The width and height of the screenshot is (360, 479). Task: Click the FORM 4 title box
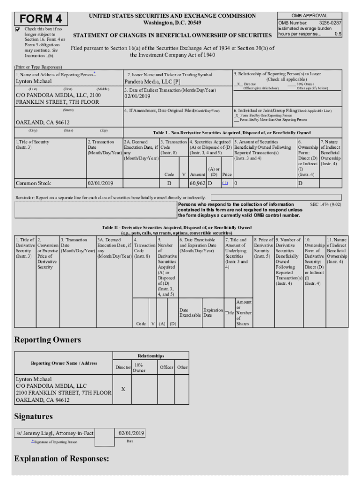click(x=41, y=19)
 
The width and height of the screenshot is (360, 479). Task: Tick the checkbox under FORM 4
click(x=18, y=29)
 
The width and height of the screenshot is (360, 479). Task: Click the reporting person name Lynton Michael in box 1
click(x=34, y=81)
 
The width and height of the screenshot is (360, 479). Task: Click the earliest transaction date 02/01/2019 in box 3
click(x=137, y=96)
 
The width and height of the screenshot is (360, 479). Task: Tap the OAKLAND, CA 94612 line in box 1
click(x=43, y=123)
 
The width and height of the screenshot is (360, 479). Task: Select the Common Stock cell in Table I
click(x=33, y=183)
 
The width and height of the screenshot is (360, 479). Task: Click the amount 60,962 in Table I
click(x=197, y=183)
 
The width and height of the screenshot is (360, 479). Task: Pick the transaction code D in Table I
click(x=169, y=183)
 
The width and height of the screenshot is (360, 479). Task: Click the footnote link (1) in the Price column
click(x=225, y=183)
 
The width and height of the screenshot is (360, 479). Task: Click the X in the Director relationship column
click(x=122, y=389)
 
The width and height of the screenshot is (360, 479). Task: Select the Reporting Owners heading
click(x=47, y=340)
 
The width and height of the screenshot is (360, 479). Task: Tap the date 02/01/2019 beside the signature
click(x=131, y=433)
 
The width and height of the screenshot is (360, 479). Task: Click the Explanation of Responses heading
click(x=62, y=458)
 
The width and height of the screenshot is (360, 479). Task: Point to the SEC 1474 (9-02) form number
click(x=325, y=204)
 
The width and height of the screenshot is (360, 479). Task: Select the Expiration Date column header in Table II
click(x=213, y=312)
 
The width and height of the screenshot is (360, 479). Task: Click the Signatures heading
click(x=33, y=416)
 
